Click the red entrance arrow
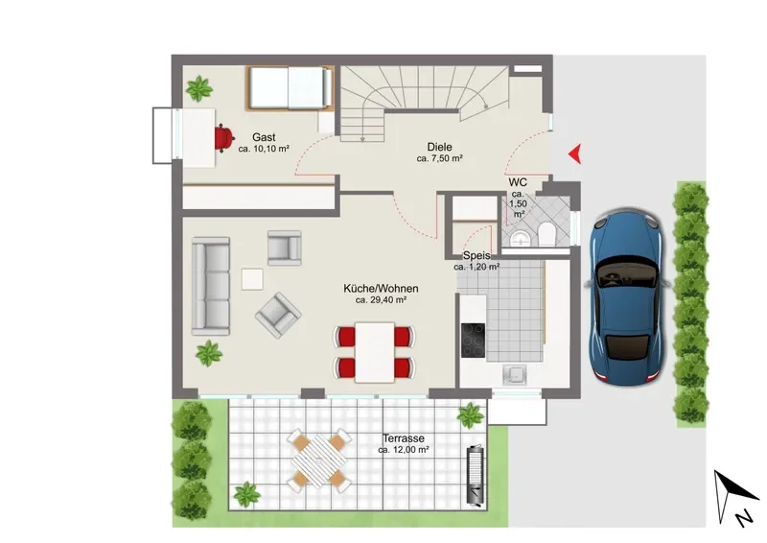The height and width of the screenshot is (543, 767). (x=576, y=153)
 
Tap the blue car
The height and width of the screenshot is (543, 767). (x=627, y=296)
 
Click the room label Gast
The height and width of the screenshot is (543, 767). (x=264, y=137)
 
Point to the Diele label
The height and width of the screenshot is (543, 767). (x=439, y=147)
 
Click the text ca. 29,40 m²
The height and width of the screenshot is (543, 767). (x=381, y=300)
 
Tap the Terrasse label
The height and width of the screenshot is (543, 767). (x=403, y=438)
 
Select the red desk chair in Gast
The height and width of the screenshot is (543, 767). (x=224, y=138)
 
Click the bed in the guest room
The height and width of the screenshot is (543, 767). (x=291, y=87)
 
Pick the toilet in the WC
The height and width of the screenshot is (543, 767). (x=546, y=234)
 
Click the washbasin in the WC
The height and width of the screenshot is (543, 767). (x=521, y=239)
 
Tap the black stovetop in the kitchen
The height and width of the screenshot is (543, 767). (x=473, y=341)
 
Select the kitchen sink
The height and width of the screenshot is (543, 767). (x=514, y=375)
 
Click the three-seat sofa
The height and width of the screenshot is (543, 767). (x=211, y=287)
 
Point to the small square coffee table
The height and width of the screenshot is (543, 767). (x=252, y=279)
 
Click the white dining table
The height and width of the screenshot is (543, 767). (x=375, y=352)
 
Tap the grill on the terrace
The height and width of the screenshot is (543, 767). (x=476, y=475)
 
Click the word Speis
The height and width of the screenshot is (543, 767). (x=476, y=255)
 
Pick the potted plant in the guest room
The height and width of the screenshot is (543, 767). (x=199, y=88)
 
